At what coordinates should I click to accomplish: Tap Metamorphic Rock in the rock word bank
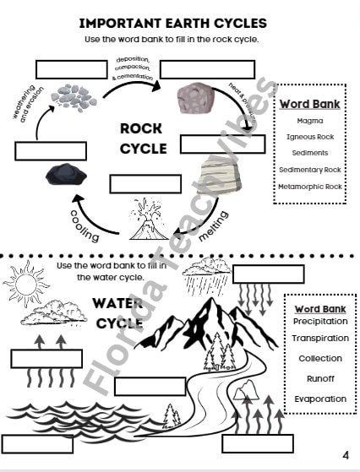tap(310, 187)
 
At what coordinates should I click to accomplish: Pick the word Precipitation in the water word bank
tap(320, 321)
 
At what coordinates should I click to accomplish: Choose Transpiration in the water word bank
tap(320, 339)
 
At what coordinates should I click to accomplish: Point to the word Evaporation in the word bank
tap(320, 399)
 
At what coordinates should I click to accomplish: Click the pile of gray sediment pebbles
tap(73, 97)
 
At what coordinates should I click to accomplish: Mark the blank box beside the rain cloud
tap(267, 274)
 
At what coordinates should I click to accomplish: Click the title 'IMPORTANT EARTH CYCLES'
tap(183, 23)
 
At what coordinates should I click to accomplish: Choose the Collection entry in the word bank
tap(320, 359)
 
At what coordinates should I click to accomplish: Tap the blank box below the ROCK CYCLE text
tap(145, 183)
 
